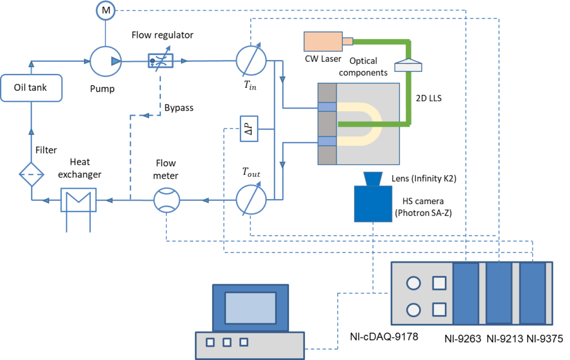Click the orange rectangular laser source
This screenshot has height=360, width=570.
(323, 41)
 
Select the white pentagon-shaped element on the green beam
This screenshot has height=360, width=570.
(408, 65)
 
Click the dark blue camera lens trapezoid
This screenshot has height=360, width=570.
(372, 179)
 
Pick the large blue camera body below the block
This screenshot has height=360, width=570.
(373, 204)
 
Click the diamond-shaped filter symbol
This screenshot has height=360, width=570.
(31, 174)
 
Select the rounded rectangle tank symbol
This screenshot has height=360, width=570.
(31, 88)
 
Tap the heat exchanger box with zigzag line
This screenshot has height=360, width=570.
(78, 200)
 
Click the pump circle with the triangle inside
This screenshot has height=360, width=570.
(106, 61)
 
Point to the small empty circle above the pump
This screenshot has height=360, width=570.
(105, 11)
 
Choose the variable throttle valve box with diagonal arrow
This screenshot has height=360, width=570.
(160, 61)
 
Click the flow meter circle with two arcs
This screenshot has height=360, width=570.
(167, 200)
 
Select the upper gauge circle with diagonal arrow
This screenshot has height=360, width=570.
(251, 61)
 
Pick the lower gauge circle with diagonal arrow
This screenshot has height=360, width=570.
(251, 199)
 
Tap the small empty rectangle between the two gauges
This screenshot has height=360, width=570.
(249, 129)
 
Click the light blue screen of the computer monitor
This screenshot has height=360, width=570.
(250, 308)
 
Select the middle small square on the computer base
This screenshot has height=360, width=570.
(227, 342)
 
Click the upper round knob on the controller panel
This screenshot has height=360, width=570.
(414, 283)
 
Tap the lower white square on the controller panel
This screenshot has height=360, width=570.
(439, 309)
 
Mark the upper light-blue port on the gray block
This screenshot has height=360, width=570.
(327, 107)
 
